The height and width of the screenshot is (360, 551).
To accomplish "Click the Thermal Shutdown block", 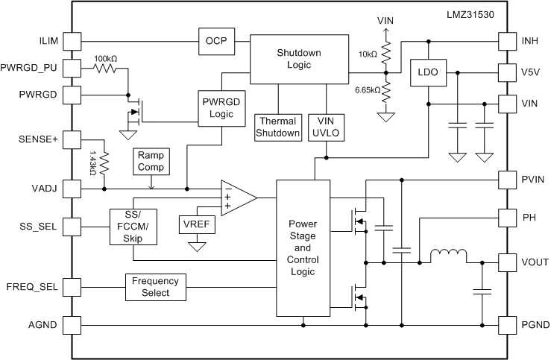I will click(x=278, y=126).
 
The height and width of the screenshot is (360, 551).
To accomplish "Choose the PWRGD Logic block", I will click(x=222, y=108).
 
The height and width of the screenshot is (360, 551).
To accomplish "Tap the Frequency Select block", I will click(x=156, y=287).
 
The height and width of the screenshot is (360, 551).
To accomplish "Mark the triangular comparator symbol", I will click(x=237, y=197).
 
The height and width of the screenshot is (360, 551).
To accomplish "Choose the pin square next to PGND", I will click(x=508, y=325).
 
